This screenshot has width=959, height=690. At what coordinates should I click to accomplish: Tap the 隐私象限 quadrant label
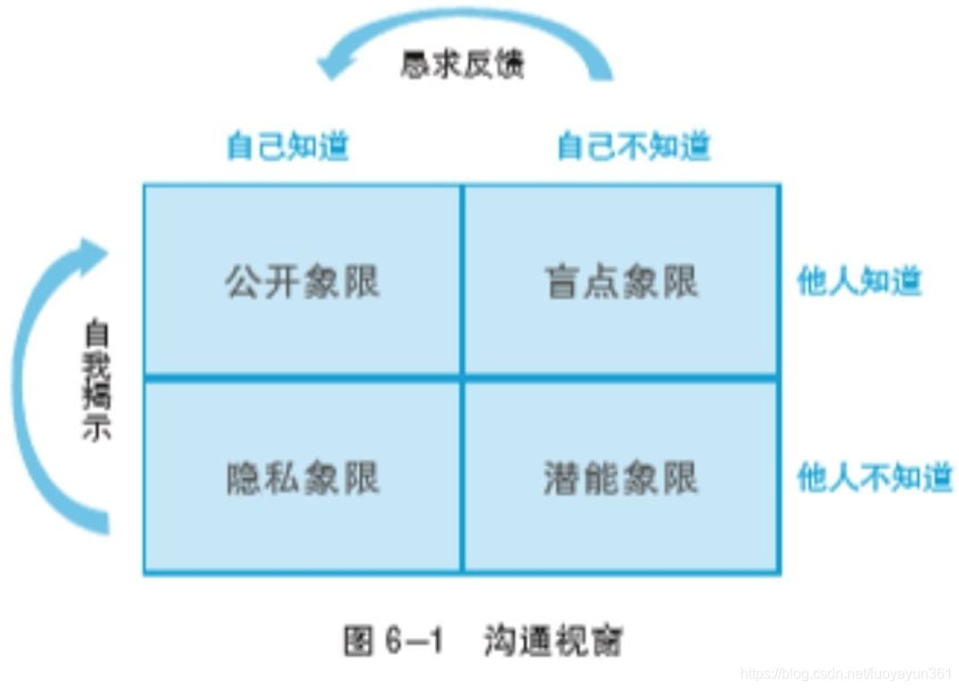point(302,479)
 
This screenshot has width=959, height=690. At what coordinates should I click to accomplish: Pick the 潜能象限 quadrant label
point(621,479)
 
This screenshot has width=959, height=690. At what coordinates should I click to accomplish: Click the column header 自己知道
point(288,146)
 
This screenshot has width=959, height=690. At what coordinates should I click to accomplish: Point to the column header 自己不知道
point(634,146)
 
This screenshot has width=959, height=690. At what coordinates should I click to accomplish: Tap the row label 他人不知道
point(875,479)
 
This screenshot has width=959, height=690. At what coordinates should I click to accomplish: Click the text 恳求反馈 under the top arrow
point(462,65)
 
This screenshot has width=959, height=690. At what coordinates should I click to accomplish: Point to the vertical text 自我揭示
point(96,381)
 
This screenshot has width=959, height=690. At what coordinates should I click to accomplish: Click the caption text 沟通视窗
point(553,640)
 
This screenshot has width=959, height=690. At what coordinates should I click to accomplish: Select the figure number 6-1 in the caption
point(413,642)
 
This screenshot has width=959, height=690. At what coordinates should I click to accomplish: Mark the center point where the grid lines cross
point(462,377)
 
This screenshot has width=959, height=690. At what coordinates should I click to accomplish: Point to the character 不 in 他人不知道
point(875,479)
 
